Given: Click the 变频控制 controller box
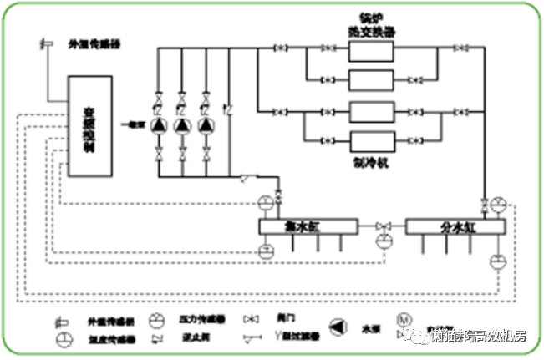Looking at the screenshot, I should point(89,125).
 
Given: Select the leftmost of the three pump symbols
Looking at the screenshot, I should point(160,124).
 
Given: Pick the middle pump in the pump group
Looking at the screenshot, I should point(182,124).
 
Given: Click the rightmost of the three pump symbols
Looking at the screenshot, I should point(205,124).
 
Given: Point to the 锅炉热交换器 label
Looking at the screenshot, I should point(372,24).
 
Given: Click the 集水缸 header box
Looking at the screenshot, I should point(308,226).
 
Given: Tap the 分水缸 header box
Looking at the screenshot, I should point(455,226).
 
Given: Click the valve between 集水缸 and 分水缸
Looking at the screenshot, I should point(383,226).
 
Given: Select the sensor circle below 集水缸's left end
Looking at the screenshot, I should point(267,251).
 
